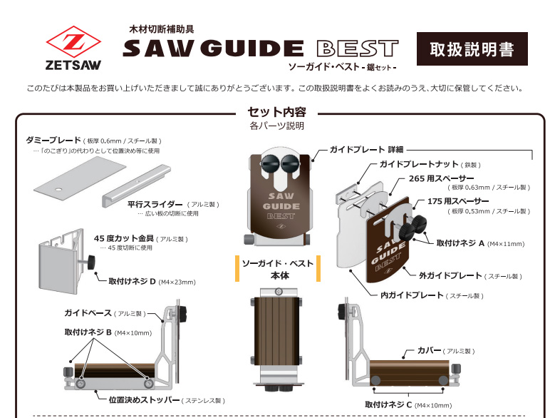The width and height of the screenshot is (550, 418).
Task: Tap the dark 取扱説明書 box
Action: click(x=472, y=50)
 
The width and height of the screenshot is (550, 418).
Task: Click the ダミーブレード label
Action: click(x=53, y=141)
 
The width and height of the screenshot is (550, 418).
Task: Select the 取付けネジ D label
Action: click(x=132, y=282)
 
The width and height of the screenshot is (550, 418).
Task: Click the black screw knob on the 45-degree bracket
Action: click(x=92, y=262)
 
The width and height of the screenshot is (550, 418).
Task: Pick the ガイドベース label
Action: click(x=88, y=313)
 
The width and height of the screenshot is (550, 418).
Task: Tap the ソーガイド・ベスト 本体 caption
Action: click(x=278, y=269)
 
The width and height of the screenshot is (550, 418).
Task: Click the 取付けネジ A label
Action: click(x=460, y=243)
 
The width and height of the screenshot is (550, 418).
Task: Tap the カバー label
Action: click(x=428, y=350)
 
